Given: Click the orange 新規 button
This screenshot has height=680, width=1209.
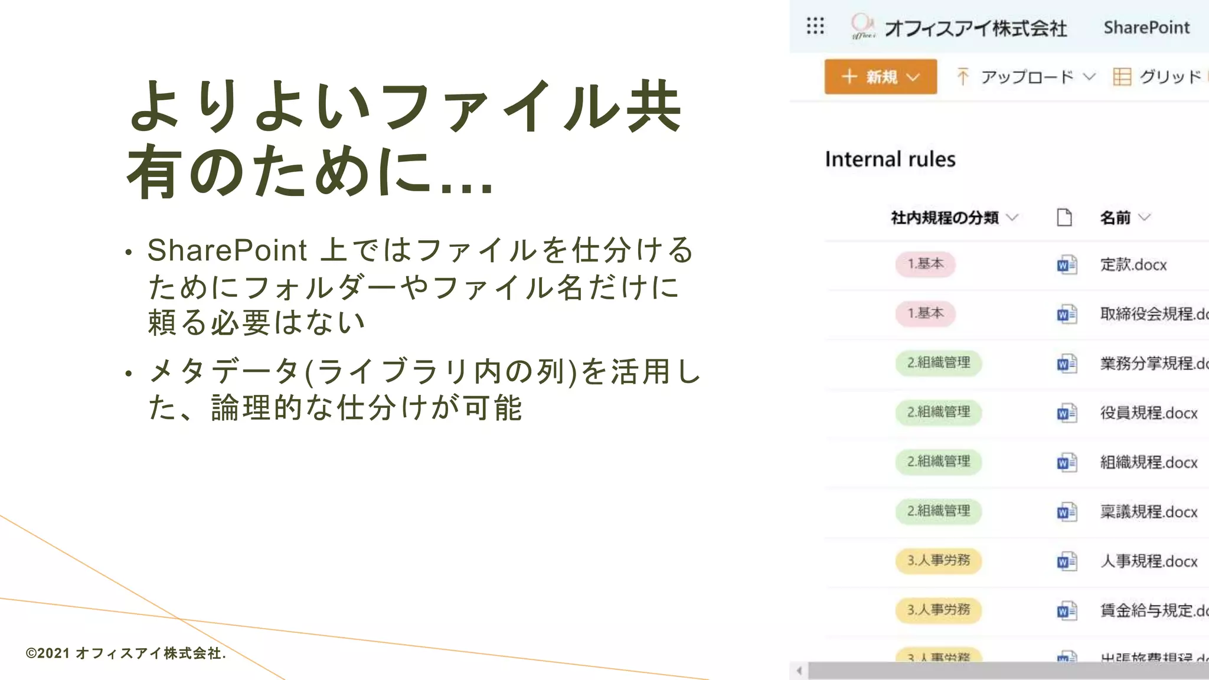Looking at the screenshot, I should (x=880, y=77).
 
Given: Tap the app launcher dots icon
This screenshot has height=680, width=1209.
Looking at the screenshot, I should (x=815, y=26).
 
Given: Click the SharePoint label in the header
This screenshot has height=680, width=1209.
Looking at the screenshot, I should (x=1146, y=28).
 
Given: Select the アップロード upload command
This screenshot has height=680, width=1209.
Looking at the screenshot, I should (x=1026, y=77).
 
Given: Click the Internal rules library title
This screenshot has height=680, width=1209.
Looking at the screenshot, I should (x=890, y=159).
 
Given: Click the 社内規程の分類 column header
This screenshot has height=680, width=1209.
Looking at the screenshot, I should (x=945, y=218).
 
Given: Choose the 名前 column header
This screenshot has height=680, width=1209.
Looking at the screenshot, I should (x=1115, y=218).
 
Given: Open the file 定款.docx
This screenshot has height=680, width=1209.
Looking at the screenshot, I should (x=1133, y=265).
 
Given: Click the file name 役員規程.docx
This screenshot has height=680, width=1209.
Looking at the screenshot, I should (x=1148, y=413).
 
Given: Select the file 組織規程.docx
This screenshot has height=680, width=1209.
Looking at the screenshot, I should (x=1148, y=462).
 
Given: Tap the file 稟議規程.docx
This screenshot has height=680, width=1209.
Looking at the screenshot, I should (x=1148, y=512).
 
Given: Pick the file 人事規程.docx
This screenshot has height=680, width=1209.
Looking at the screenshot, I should (x=1148, y=561).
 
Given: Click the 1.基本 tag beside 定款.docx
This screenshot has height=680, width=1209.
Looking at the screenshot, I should (x=925, y=264).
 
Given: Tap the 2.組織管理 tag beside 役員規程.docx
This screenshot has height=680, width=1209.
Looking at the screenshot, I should (x=939, y=412).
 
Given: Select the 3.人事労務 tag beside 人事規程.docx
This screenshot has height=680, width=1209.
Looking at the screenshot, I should (x=939, y=560).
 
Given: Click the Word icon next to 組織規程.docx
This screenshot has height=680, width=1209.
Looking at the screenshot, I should (x=1067, y=463).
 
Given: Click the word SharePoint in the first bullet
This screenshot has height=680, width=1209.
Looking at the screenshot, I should (x=227, y=250).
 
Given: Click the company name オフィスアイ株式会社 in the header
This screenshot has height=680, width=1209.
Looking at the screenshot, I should (x=975, y=28).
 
